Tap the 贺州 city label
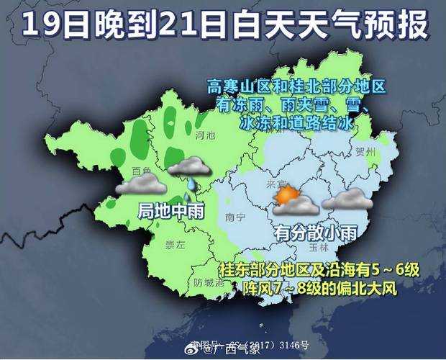pos(365,153)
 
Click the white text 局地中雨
pos(170,210)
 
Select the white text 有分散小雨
pos(314,232)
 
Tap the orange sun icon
pos(286,195)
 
